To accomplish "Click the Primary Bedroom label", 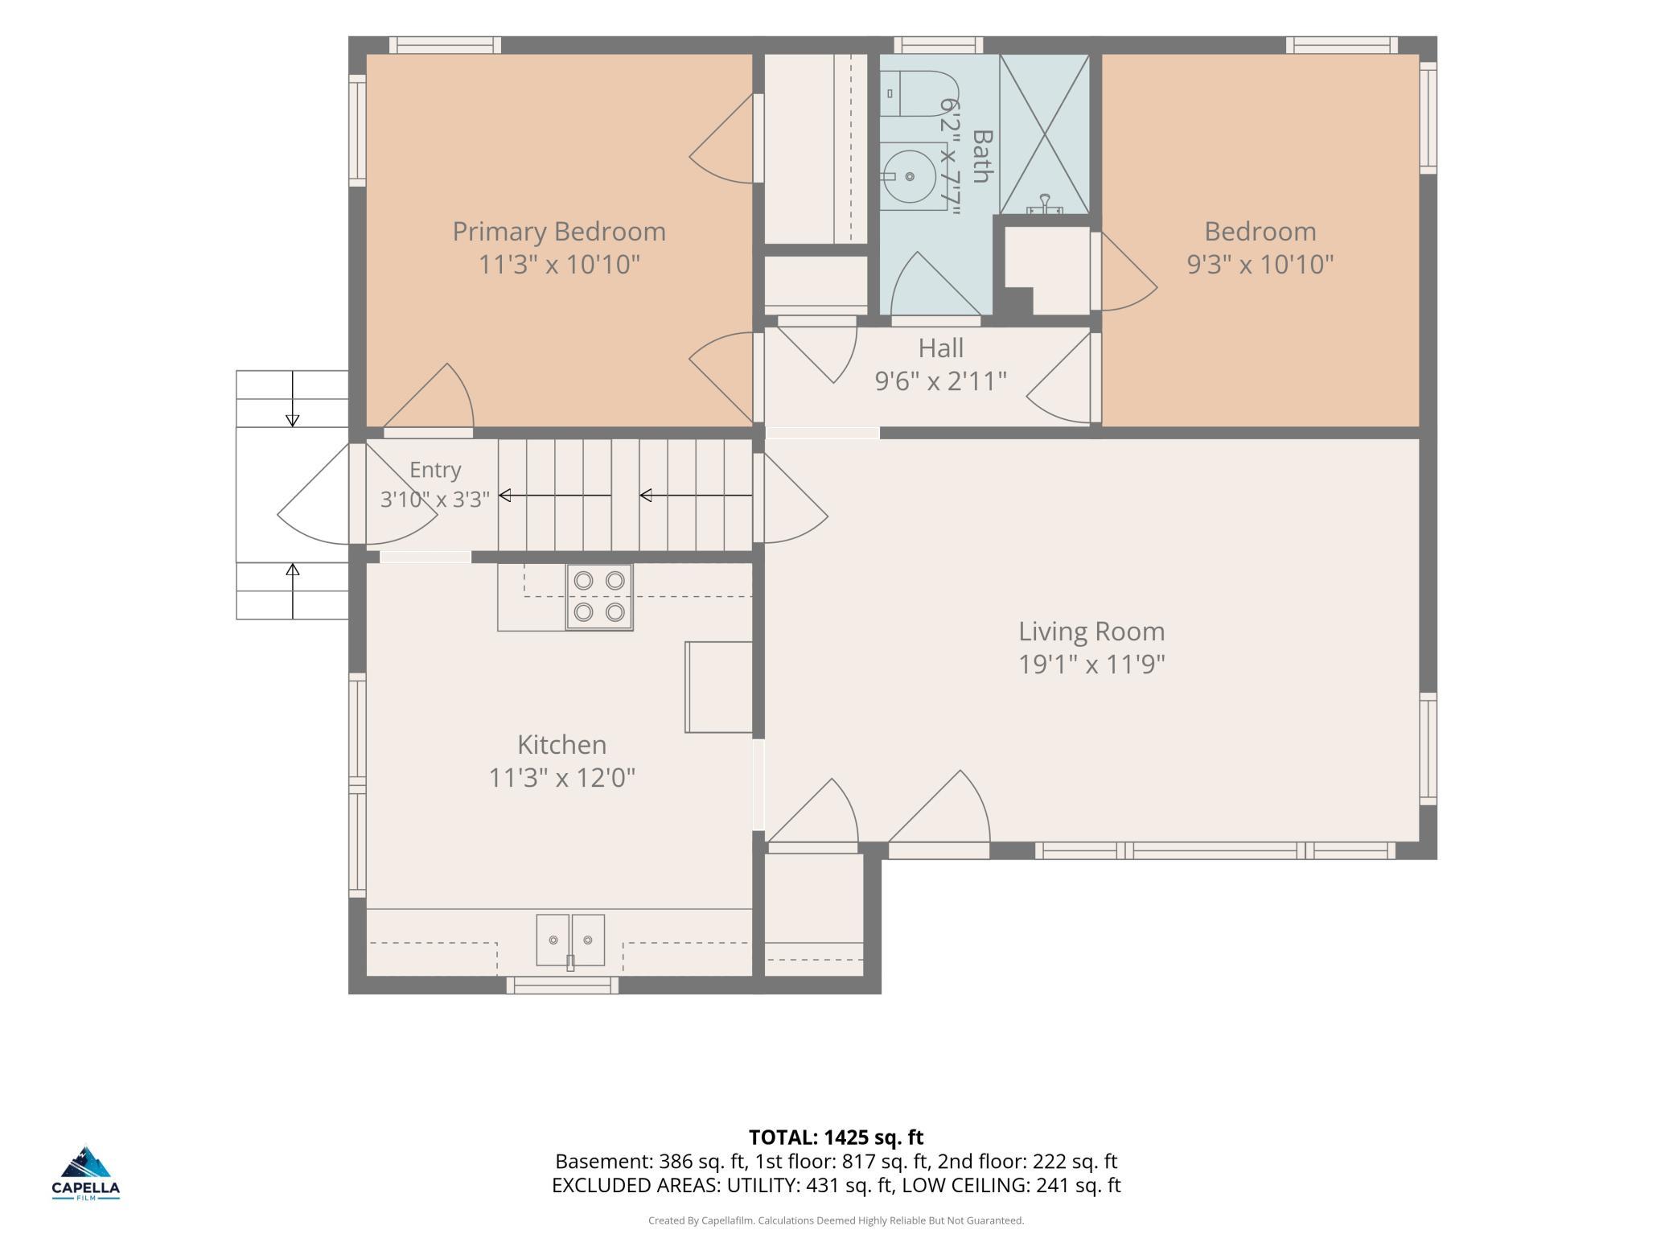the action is (x=559, y=232).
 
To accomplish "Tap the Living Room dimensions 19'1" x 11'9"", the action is (x=1091, y=665).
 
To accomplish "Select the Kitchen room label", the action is (x=561, y=744).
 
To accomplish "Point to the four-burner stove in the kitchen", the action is (x=599, y=597).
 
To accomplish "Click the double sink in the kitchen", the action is (x=570, y=940).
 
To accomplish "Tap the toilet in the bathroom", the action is (x=917, y=94).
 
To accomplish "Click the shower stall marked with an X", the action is (x=1044, y=134).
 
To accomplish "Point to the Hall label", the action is (x=940, y=348).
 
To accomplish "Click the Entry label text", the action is (x=435, y=470).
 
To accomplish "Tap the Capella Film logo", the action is (x=86, y=1173).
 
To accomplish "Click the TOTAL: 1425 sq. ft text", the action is (x=836, y=1137).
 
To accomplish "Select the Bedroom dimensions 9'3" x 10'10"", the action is (x=1260, y=264).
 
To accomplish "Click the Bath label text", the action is (x=982, y=156).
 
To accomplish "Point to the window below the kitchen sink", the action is (x=562, y=985).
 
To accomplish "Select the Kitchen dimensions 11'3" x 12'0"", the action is (x=561, y=778).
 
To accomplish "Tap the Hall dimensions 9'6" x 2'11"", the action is (x=940, y=381).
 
